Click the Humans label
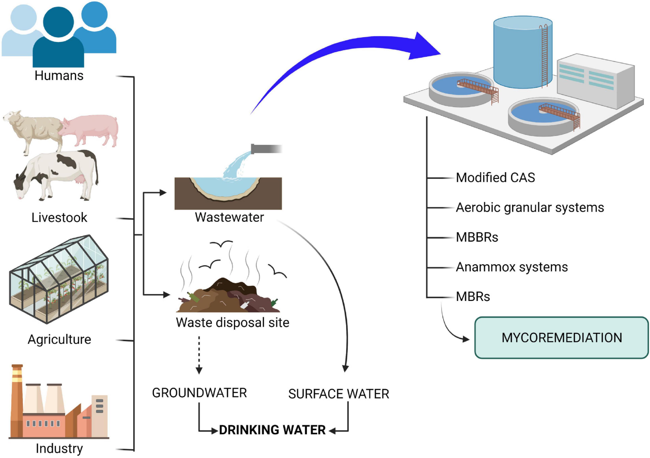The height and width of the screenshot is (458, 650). (x=59, y=76)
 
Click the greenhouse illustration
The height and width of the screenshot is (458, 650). (x=58, y=279)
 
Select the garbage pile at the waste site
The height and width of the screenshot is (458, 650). (x=228, y=296)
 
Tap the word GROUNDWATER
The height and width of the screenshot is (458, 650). (x=199, y=393)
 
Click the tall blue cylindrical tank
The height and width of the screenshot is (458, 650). (x=522, y=52)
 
